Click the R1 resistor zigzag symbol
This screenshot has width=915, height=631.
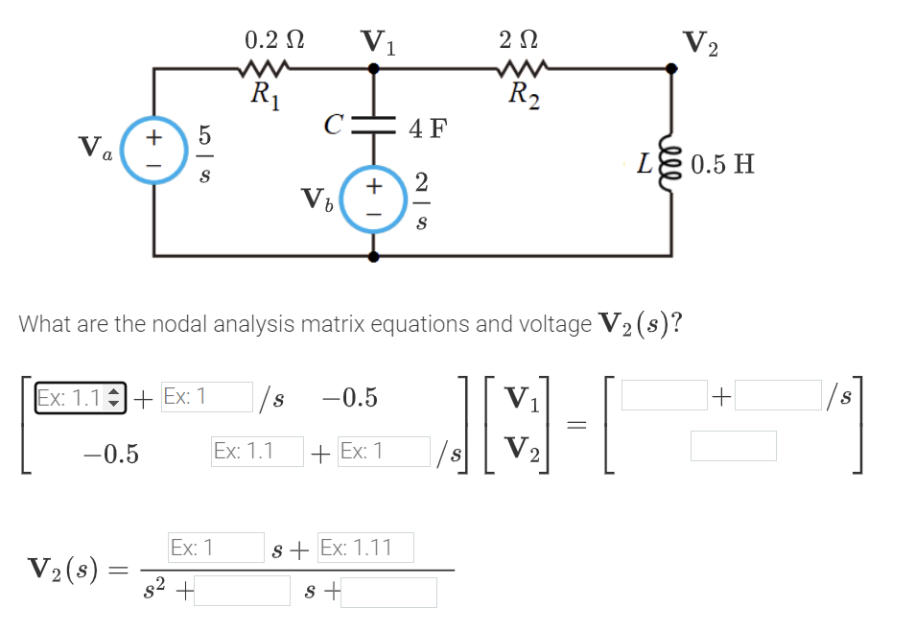pyautogui.click(x=261, y=69)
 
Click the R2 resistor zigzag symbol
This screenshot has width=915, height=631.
pyautogui.click(x=522, y=69)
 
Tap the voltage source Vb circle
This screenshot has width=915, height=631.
pyautogui.click(x=374, y=199)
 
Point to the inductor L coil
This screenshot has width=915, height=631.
pyautogui.click(x=670, y=163)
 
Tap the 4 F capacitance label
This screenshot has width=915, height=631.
pyautogui.click(x=428, y=128)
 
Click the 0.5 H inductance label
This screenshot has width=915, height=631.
pyautogui.click(x=721, y=164)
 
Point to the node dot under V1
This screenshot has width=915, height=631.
pyautogui.click(x=374, y=68)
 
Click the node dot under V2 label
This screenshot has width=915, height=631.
pyautogui.click(x=670, y=68)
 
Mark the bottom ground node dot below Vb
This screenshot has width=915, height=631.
pyautogui.click(x=374, y=256)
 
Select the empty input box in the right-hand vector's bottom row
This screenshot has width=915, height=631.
pyautogui.click(x=733, y=446)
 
